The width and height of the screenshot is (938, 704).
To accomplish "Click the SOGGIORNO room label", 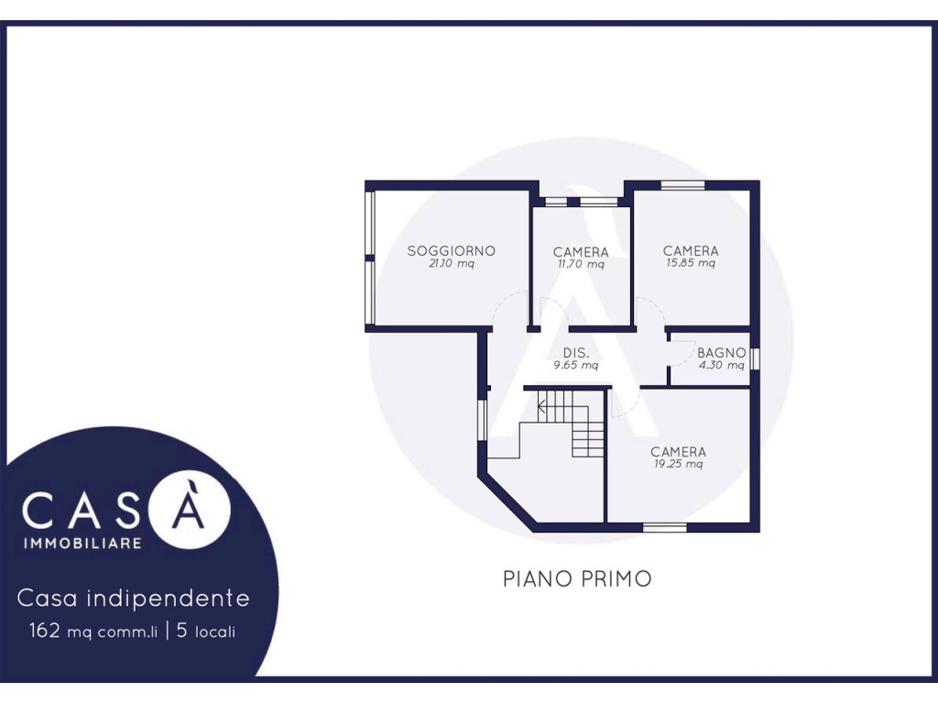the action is (451, 251).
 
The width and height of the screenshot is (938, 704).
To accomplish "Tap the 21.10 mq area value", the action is (452, 263).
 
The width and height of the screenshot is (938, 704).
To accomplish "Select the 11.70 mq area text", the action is (581, 264).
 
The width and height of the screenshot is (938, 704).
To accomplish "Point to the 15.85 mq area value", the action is (691, 263).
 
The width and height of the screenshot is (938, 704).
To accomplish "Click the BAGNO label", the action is (722, 353).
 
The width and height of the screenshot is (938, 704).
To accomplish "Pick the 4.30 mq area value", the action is (722, 365).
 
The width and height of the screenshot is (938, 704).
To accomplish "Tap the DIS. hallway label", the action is (576, 353).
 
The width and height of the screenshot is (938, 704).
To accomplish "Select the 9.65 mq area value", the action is (575, 365).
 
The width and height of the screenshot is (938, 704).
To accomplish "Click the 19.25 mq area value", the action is (678, 464).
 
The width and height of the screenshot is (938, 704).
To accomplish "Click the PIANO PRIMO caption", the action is (577, 579).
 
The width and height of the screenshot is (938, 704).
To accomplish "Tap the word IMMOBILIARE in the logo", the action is (82, 543).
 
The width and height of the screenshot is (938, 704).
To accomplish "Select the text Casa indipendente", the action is (134, 598).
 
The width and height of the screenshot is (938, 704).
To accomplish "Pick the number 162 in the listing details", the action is (44, 631).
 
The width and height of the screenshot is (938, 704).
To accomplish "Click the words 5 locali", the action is (206, 631).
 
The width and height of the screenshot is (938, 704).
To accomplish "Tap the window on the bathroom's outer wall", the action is (755, 358).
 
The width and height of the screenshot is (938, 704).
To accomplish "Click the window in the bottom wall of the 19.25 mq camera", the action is (665, 527).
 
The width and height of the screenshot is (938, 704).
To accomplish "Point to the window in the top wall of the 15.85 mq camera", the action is (682, 185).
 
